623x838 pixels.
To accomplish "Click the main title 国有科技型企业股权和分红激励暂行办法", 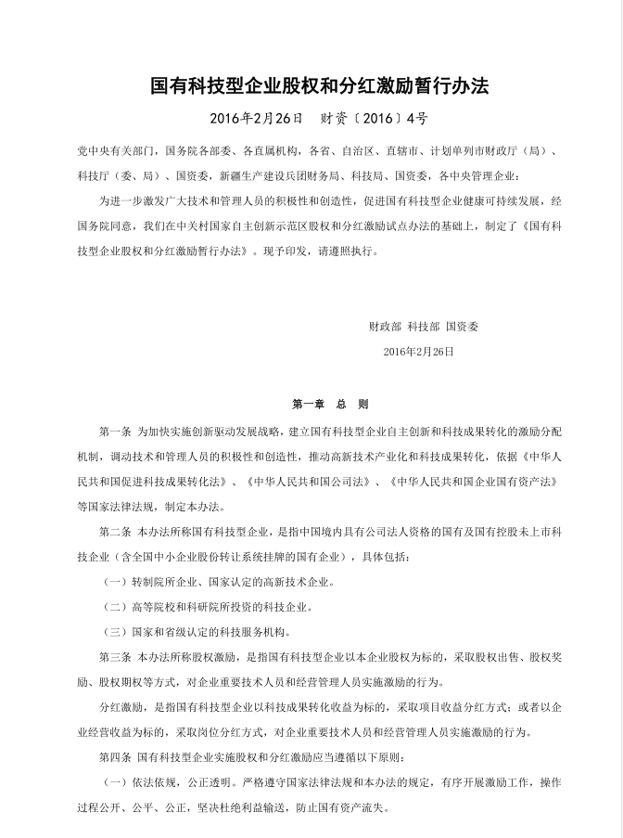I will pos(311,88).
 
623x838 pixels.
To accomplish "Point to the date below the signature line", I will pos(418,352).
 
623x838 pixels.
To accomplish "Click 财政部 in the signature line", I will pos(385,327).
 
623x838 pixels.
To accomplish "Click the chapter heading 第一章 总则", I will pos(331,405).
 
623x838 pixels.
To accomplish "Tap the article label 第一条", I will pos(115,432).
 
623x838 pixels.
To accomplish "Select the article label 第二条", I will pos(115,532).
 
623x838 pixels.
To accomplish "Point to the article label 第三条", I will pos(115,657).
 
